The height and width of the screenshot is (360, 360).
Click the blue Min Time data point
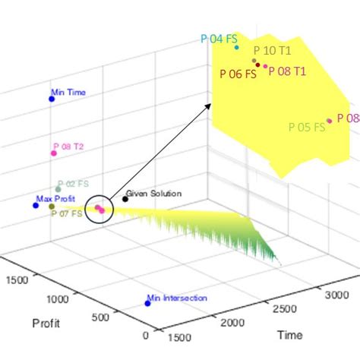[x=52, y=99]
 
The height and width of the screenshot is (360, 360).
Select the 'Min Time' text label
[x=68, y=93]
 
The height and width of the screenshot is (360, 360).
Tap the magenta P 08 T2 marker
[x=54, y=153]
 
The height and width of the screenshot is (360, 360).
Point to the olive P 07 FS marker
[x=52, y=207]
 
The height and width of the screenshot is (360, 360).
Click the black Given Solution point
[x=125, y=199]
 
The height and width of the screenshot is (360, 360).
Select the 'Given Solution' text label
[x=153, y=194]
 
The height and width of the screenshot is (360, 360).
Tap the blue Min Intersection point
[x=147, y=304]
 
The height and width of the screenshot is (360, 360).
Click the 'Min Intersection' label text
[x=177, y=298]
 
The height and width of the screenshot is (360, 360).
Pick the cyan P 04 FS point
[x=237, y=47]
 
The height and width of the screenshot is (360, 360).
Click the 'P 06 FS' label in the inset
[x=238, y=74]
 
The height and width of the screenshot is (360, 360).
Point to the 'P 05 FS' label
[x=308, y=127]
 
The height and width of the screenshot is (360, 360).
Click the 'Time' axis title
[x=289, y=334]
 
